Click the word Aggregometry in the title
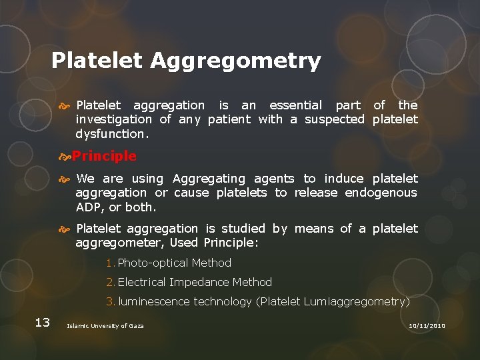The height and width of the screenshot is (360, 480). [x=235, y=61]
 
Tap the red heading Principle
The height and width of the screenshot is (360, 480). [x=104, y=156]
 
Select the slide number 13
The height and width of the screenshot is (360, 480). [x=42, y=323]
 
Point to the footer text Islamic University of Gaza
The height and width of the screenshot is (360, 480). [x=105, y=325]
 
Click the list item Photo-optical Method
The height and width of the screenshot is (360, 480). [x=174, y=263]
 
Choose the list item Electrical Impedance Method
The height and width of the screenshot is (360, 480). [x=195, y=282]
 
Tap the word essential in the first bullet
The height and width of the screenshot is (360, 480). [x=295, y=105]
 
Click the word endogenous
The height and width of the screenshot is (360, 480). [x=381, y=193]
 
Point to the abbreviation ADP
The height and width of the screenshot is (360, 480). [x=88, y=207]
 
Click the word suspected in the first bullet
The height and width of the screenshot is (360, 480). [x=335, y=119]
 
